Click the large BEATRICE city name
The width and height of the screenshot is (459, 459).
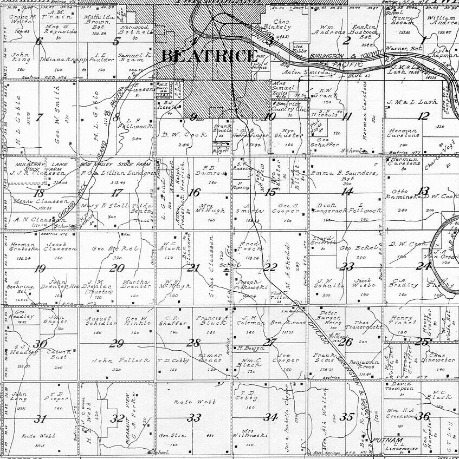pyautogui.click(x=209, y=56)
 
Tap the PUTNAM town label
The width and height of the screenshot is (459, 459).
pyautogui.click(x=380, y=440)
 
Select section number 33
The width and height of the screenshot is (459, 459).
pyautogui.click(x=193, y=418)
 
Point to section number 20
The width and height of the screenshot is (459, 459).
pyautogui.click(x=117, y=267)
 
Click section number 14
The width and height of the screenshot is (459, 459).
pyautogui.click(x=347, y=191)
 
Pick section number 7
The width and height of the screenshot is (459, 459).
pyautogui.click(x=38, y=117)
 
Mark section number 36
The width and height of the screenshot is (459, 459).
pyautogui.click(x=424, y=416)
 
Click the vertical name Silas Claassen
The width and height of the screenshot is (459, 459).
pyautogui.click(x=211, y=268)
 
